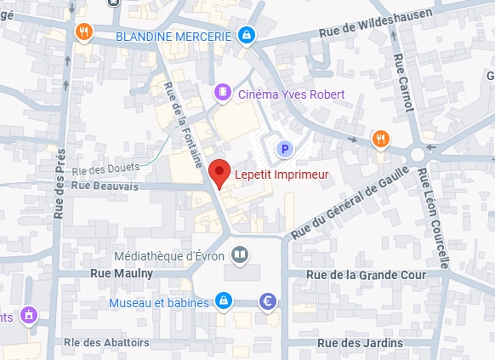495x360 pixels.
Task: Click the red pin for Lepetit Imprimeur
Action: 219,173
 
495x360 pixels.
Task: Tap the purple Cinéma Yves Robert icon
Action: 223,92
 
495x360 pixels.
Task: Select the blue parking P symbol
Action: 285,150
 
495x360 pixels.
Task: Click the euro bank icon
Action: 269,300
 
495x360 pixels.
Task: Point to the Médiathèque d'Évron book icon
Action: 241,254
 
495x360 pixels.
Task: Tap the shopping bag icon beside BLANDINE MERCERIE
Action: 246,35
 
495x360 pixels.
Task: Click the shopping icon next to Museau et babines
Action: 223,300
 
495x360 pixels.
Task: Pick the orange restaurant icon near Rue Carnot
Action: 380,139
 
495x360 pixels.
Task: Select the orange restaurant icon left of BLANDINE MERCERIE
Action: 83,32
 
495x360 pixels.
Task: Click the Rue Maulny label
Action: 121,273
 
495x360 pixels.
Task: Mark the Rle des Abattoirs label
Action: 105,342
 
